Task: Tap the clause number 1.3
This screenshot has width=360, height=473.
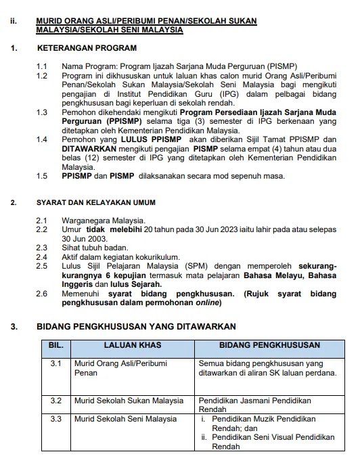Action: (x=42, y=112)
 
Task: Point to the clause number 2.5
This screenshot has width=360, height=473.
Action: (x=42, y=267)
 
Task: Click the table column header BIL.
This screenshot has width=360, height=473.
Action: (x=56, y=346)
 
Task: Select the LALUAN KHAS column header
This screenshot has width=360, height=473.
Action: (x=132, y=346)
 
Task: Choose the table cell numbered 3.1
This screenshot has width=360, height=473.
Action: (x=56, y=363)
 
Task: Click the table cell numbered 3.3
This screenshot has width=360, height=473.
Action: (x=56, y=419)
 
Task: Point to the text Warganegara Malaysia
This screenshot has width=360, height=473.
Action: (x=103, y=221)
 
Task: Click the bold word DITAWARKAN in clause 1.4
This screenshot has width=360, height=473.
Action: (x=91, y=148)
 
